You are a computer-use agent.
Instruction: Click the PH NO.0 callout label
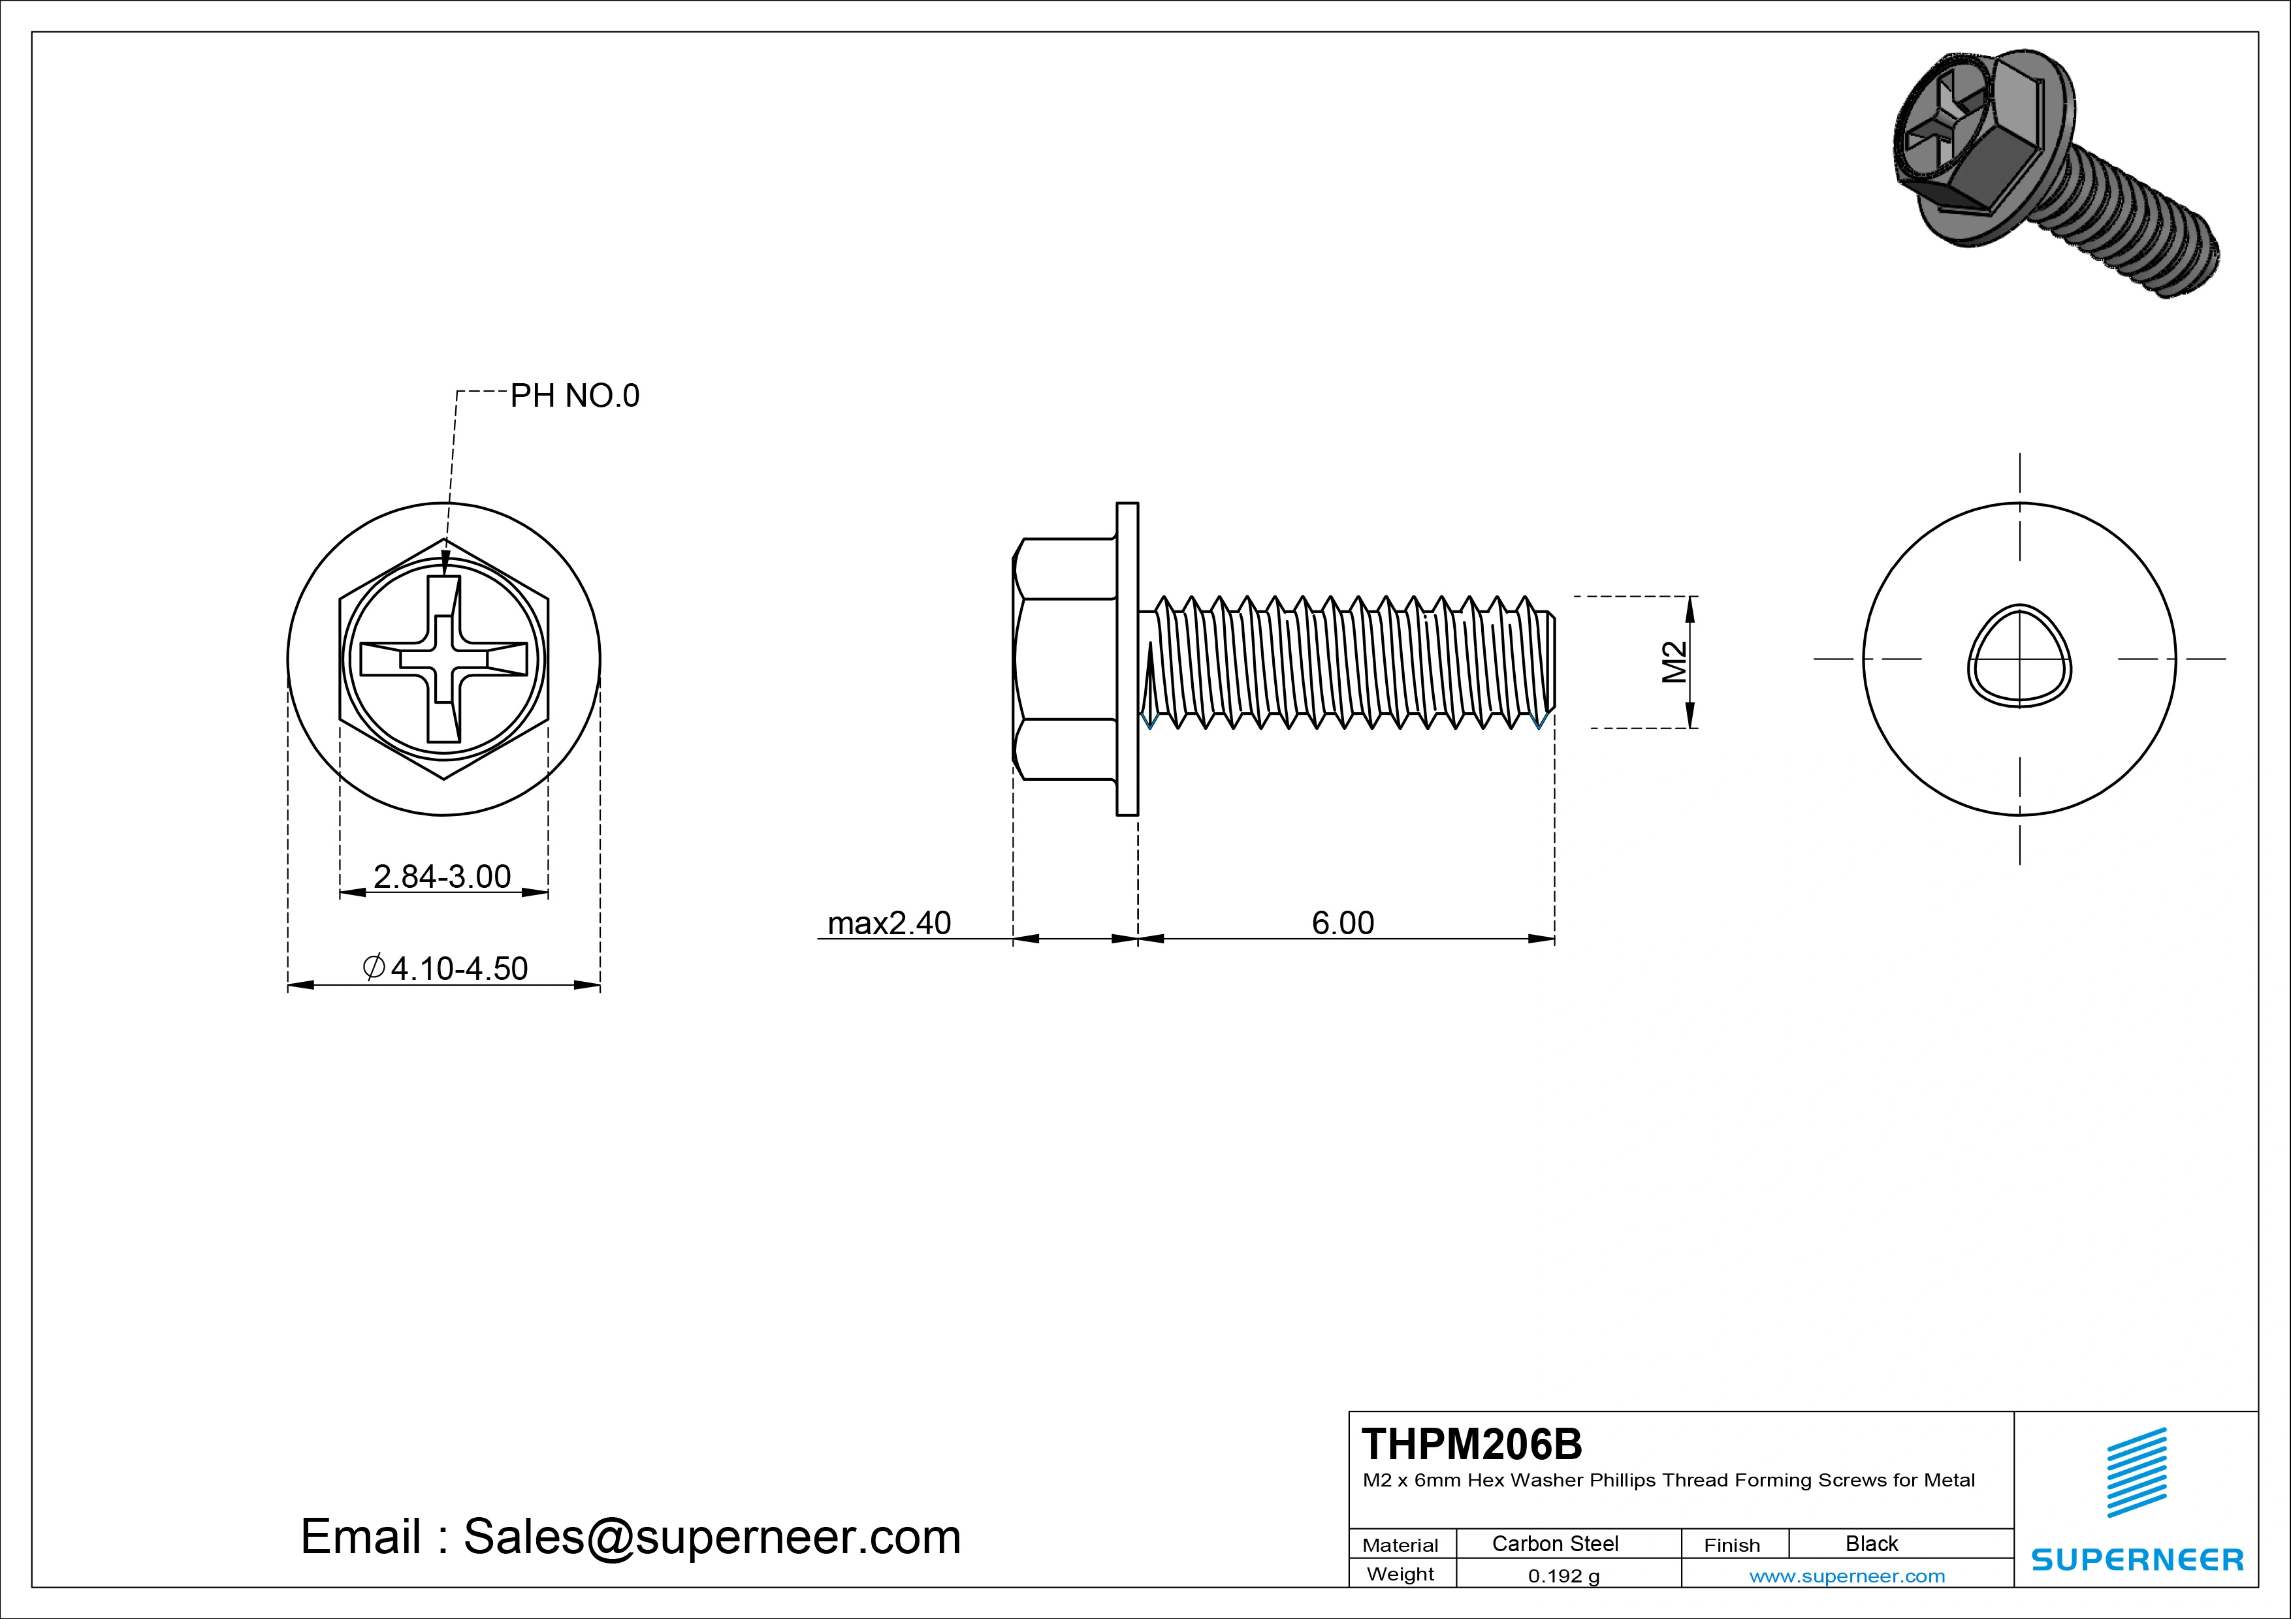[574, 396]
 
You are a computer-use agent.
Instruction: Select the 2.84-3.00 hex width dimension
[442, 876]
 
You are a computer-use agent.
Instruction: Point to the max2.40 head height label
[888, 922]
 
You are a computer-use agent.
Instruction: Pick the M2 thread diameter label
[1673, 663]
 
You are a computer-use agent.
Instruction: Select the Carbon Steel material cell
[1554, 1543]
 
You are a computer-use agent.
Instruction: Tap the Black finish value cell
[1871, 1543]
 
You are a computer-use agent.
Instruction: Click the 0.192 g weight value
[1563, 1576]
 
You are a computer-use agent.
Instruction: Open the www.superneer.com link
[1847, 1576]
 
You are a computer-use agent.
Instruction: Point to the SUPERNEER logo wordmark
[2136, 1559]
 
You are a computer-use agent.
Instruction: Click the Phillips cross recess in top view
[444, 659]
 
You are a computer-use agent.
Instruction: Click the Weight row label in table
[1400, 1574]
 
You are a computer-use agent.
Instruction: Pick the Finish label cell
[1731, 1544]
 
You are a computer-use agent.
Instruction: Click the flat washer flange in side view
[1127, 659]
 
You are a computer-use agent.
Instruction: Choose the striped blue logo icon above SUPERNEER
[2136, 1472]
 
